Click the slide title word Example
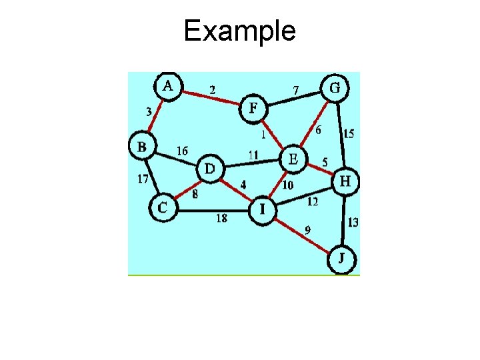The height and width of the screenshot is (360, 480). pyautogui.click(x=240, y=31)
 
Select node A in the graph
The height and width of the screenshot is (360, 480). pyautogui.click(x=169, y=86)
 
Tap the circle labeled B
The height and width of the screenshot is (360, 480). pyautogui.click(x=142, y=146)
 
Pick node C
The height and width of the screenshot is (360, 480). pyautogui.click(x=163, y=207)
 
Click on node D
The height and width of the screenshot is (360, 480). pyautogui.click(x=209, y=169)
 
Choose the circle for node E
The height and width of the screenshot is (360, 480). pyautogui.click(x=292, y=159)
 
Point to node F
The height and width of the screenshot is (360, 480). pyautogui.click(x=253, y=109)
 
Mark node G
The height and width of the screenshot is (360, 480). pyautogui.click(x=335, y=87)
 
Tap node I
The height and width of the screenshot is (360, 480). pyautogui.click(x=262, y=209)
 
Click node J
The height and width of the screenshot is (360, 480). pyautogui.click(x=341, y=259)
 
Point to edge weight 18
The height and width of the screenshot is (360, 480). pyautogui.click(x=223, y=217)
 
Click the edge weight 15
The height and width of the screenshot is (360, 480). pyautogui.click(x=348, y=134)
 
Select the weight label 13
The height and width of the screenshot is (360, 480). pyautogui.click(x=353, y=222)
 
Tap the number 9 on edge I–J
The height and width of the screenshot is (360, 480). pyautogui.click(x=307, y=230)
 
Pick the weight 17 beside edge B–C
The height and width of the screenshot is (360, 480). pyautogui.click(x=143, y=178)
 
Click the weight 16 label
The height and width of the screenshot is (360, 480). pyautogui.click(x=182, y=151)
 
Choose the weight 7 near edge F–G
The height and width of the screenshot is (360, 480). pyautogui.click(x=297, y=89)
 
